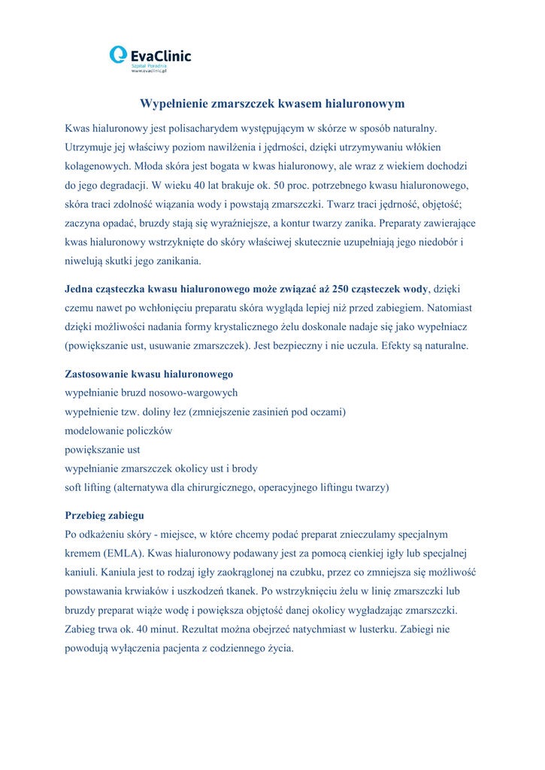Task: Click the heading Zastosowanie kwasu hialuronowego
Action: click(x=149, y=374)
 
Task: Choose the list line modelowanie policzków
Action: click(x=119, y=431)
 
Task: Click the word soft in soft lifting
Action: click(x=75, y=487)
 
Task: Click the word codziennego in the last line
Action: click(x=227, y=648)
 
